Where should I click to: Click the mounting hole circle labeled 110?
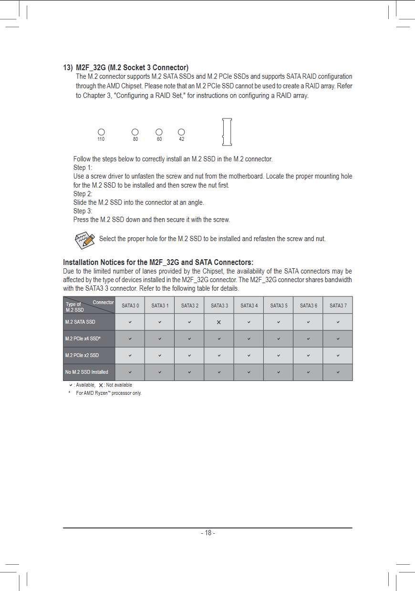tap(101, 132)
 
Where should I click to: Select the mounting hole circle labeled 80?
tap(135, 132)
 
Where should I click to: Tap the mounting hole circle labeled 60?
tap(159, 132)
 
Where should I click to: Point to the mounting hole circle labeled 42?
tap(181, 132)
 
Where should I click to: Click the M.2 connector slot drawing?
tap(227, 132)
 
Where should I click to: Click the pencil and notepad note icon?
tap(84, 239)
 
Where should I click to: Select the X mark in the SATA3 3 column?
tap(219, 322)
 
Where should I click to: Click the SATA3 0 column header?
tap(130, 306)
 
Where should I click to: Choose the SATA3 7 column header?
tap(338, 306)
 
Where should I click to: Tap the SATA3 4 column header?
tap(249, 306)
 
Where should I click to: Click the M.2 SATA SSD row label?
tap(80, 322)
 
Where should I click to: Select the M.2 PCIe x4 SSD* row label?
tap(83, 338)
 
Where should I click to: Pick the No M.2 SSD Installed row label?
tap(87, 372)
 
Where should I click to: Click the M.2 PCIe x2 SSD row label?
tap(82, 355)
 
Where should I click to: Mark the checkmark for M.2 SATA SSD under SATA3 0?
tap(130, 322)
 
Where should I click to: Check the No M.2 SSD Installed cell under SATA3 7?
tap(338, 372)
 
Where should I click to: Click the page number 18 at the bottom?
tap(207, 533)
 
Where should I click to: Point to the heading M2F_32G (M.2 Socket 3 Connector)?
tap(132, 67)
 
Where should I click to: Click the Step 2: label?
tap(83, 194)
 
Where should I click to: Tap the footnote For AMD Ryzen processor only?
tap(109, 393)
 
